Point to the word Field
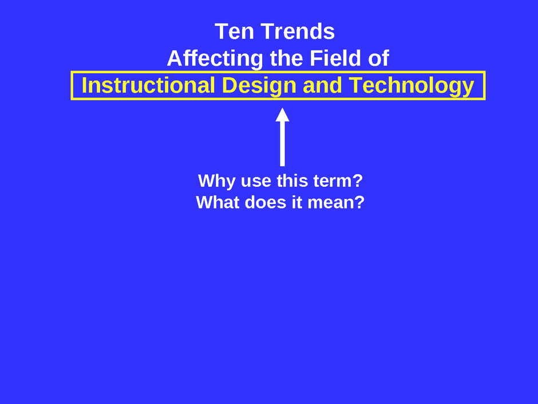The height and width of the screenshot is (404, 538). [341, 58]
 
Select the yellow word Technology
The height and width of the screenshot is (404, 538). [412, 86]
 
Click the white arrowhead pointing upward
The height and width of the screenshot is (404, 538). [282, 115]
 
